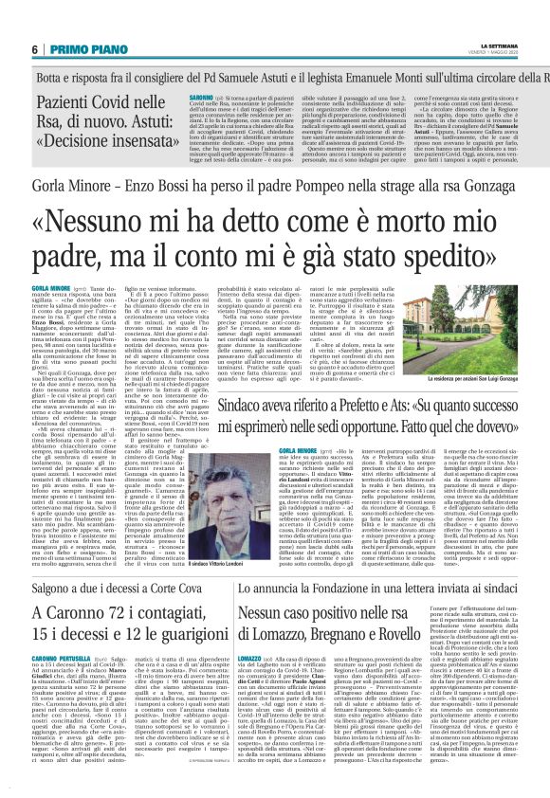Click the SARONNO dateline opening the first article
coord(174,97)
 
